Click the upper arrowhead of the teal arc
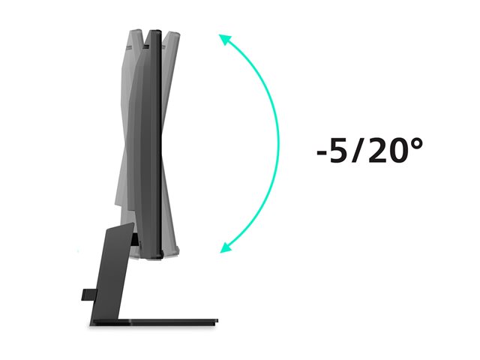pyautogui.click(x=224, y=39)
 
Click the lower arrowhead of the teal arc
pyautogui.click(x=226, y=247)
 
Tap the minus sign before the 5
pyautogui.click(x=322, y=152)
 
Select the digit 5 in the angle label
pyautogui.click(x=340, y=150)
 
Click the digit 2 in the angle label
pyautogui.click(x=378, y=150)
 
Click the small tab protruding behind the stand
pyautogui.click(x=88, y=295)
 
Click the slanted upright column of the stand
pyautogui.click(x=112, y=272)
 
